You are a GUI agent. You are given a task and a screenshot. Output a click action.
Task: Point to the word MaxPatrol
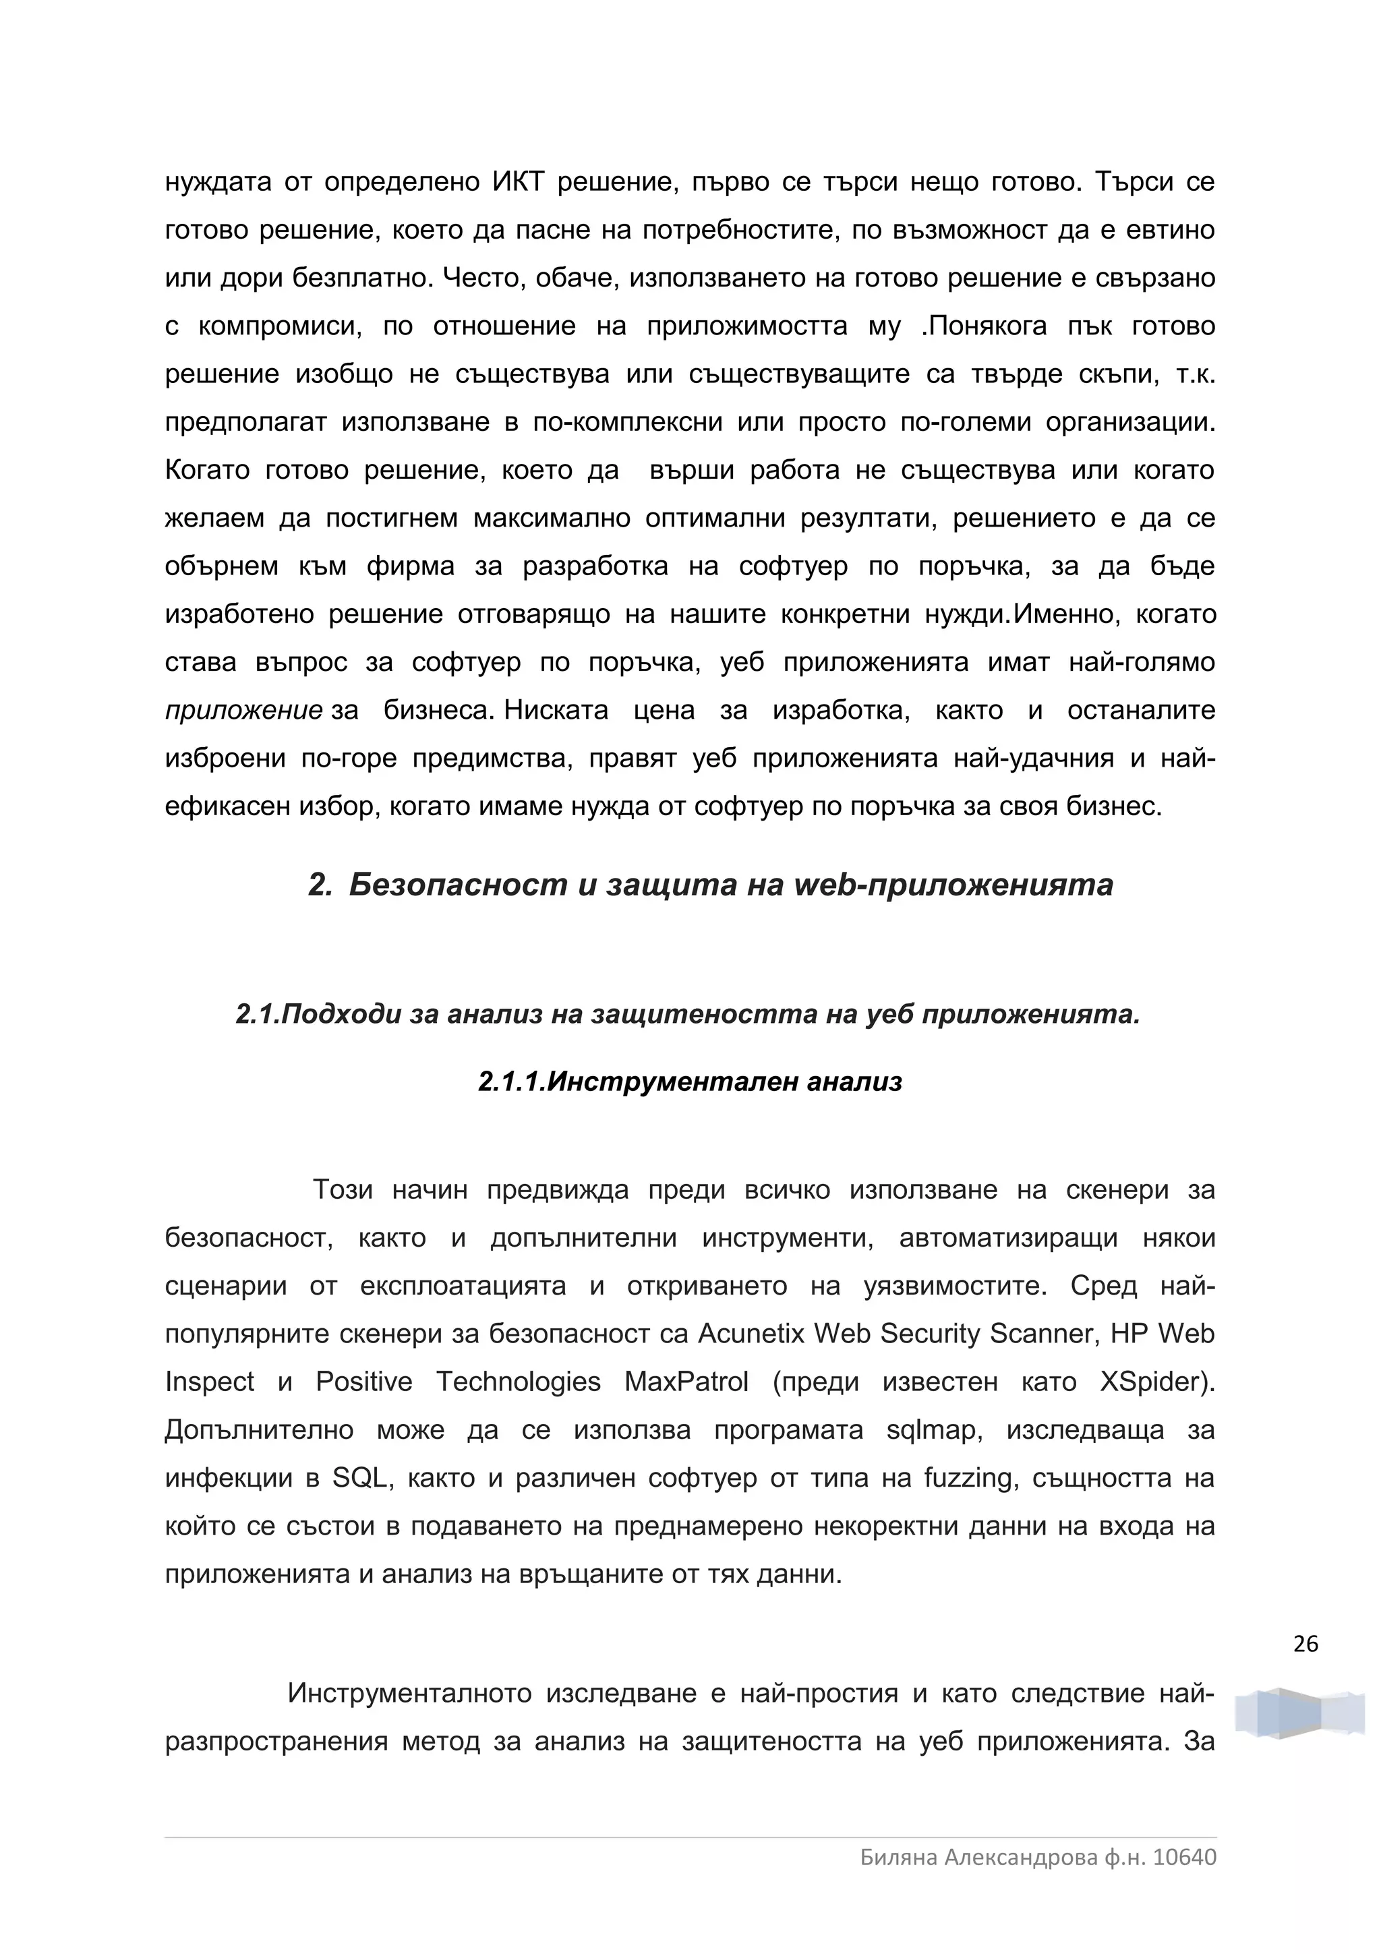click(686, 1382)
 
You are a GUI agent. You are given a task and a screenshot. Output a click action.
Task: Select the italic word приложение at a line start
click(243, 711)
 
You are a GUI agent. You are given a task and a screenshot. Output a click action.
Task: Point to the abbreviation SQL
click(360, 1478)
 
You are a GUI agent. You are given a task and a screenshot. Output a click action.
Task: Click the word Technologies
click(518, 1382)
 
